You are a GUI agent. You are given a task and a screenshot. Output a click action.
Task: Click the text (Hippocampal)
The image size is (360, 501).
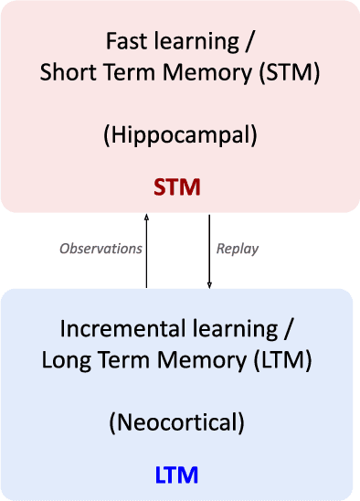(x=179, y=135)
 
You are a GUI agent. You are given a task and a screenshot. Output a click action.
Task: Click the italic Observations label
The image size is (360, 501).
(x=101, y=249)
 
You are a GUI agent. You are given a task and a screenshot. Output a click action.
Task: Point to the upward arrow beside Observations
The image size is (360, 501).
(x=146, y=251)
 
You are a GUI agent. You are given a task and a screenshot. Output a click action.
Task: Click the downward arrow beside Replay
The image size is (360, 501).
(x=209, y=251)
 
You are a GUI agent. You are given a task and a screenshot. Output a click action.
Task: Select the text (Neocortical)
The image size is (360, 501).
(x=179, y=422)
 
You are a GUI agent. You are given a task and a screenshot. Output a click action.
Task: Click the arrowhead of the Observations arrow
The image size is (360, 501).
(x=146, y=219)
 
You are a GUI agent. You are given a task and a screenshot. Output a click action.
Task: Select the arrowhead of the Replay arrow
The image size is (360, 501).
(x=209, y=284)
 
